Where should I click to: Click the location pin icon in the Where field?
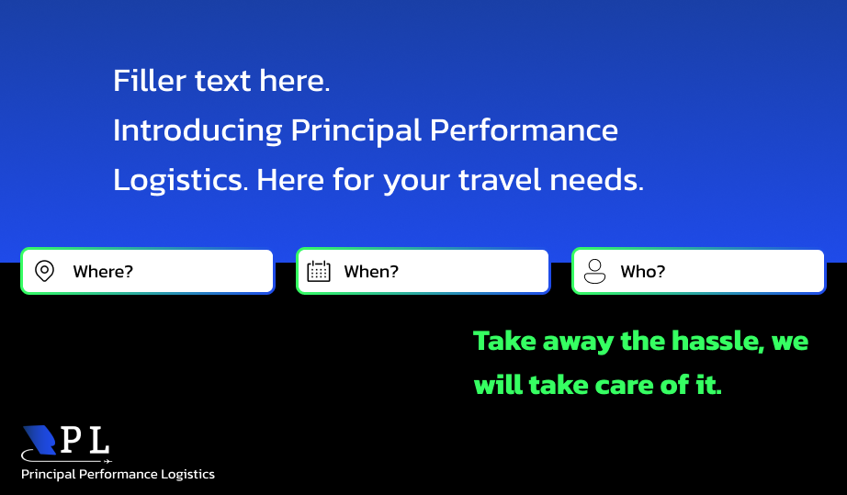tap(44, 271)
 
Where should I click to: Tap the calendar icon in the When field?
tap(319, 271)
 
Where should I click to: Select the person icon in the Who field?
tap(594, 271)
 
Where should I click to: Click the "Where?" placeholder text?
tap(103, 271)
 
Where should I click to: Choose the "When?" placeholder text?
tap(371, 271)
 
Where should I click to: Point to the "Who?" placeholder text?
tap(643, 271)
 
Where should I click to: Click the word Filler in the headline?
tap(150, 81)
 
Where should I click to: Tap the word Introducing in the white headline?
tap(198, 130)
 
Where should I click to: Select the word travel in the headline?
tap(500, 180)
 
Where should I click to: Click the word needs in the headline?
tap(596, 180)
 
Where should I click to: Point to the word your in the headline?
tap(416, 182)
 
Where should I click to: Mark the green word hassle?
tap(717, 341)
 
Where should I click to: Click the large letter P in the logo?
tap(72, 440)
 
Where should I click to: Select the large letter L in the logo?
tap(100, 440)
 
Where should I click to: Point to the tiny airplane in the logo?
tap(107, 461)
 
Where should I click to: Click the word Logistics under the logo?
tap(188, 475)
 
